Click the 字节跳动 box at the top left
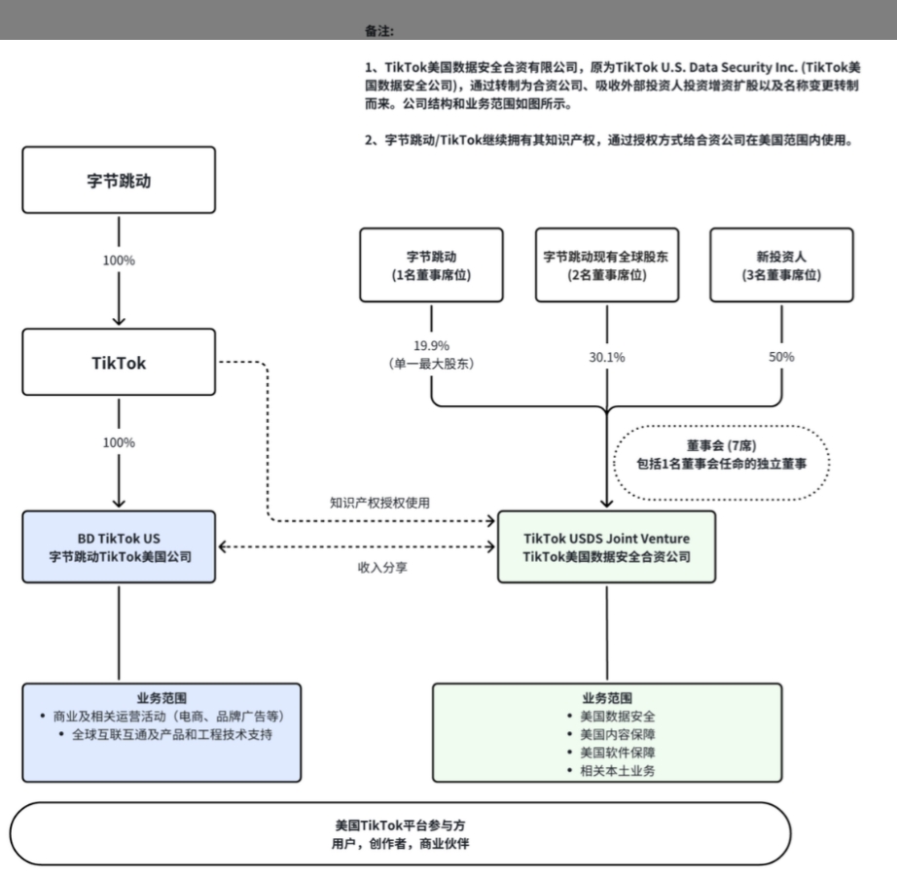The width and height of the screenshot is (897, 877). pyautogui.click(x=118, y=180)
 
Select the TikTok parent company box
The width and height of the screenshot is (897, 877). pyautogui.click(x=118, y=362)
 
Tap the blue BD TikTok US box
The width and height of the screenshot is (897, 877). pyautogui.click(x=118, y=547)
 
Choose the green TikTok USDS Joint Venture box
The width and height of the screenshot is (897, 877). pyautogui.click(x=606, y=547)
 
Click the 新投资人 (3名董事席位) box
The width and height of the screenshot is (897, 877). pyautogui.click(x=781, y=265)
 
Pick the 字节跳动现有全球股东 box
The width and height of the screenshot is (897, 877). pyautogui.click(x=606, y=265)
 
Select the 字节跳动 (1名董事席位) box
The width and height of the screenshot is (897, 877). pyautogui.click(x=431, y=265)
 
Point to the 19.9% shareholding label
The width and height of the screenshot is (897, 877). pyautogui.click(x=431, y=345)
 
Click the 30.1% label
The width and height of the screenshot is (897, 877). pyautogui.click(x=606, y=357)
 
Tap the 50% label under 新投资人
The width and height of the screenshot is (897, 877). pyautogui.click(x=781, y=357)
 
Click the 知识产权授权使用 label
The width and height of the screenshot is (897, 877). pyautogui.click(x=379, y=503)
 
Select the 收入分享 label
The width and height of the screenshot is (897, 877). pyautogui.click(x=382, y=566)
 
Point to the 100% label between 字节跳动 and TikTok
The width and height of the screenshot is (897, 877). pyautogui.click(x=119, y=261)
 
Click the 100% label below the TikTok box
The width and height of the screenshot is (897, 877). pyautogui.click(x=119, y=442)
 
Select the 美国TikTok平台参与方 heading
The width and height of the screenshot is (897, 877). pyautogui.click(x=400, y=825)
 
